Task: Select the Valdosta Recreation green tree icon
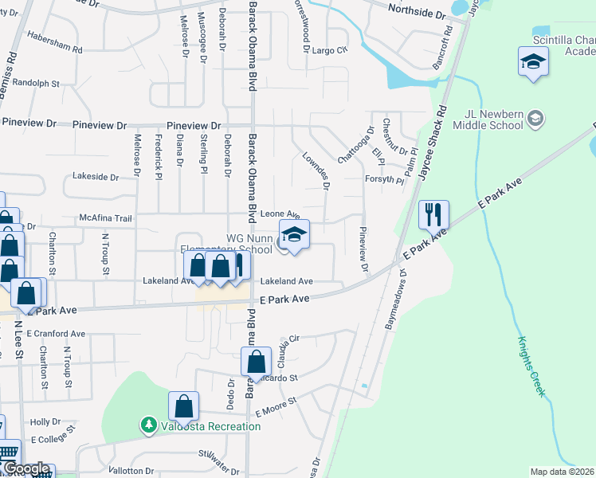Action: (x=148, y=426)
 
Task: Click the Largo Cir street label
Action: (x=331, y=50)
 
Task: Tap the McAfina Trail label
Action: (x=105, y=217)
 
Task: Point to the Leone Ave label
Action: (x=280, y=214)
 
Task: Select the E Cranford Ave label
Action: (x=56, y=334)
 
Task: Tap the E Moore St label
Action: (x=276, y=410)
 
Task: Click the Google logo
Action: (x=25, y=469)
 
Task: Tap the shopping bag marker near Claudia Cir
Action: (x=257, y=362)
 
